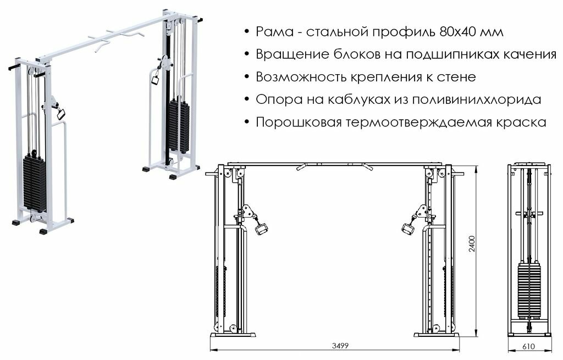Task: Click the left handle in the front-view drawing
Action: pos(261,227)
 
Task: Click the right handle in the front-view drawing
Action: pos(407,228)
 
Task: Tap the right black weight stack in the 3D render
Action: pos(179,125)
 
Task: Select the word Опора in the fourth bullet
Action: pos(274,100)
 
